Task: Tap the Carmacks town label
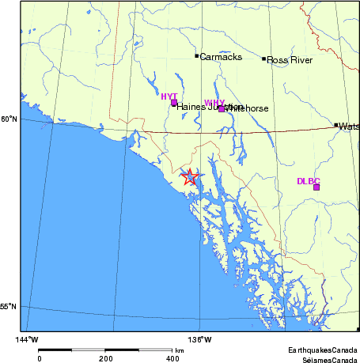(x=221, y=57)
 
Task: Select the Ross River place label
(x=290, y=60)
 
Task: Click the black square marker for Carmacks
(x=197, y=55)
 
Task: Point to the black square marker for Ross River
(x=264, y=59)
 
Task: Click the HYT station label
(x=169, y=96)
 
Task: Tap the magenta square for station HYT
(x=174, y=103)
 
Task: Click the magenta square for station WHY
(x=222, y=108)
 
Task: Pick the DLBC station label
(x=308, y=181)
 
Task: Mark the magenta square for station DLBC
(x=316, y=187)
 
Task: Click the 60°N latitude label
(x=8, y=119)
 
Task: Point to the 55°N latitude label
(x=8, y=307)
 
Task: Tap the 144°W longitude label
(x=28, y=340)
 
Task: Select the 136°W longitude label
(x=203, y=340)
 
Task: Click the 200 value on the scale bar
(x=107, y=358)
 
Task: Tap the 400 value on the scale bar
(x=173, y=358)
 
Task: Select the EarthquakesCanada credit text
(x=323, y=350)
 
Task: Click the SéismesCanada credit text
(x=325, y=358)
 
